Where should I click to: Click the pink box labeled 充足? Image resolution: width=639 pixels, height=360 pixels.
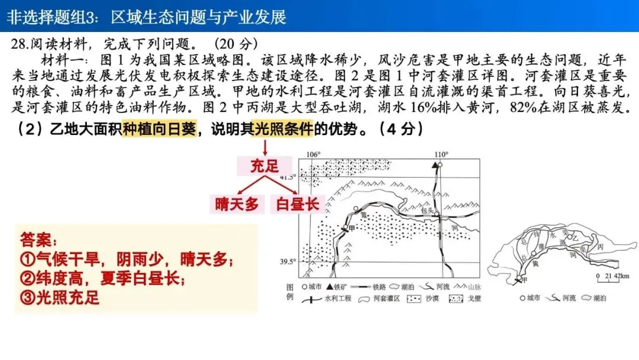point(264,166)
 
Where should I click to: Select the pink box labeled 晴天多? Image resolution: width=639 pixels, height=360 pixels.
point(237,204)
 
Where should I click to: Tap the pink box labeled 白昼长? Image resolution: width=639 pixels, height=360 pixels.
point(295,204)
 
